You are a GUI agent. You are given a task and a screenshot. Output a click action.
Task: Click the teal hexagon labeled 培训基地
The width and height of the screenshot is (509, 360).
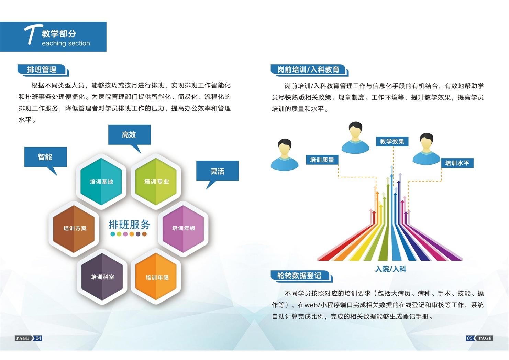(x=101, y=182)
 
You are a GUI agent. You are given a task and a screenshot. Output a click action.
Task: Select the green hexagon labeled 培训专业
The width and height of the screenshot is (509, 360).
(x=156, y=182)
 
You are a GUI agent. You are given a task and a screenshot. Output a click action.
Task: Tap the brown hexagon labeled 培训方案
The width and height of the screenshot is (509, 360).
(x=75, y=228)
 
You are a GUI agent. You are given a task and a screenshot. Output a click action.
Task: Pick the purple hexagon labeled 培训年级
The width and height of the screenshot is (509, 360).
(x=183, y=228)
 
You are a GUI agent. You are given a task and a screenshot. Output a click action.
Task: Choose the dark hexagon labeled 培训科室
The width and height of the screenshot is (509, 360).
(x=102, y=277)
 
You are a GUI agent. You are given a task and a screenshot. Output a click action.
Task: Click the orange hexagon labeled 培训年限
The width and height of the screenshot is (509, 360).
(x=157, y=277)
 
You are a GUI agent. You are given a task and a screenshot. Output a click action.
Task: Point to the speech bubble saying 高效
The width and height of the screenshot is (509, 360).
(x=129, y=135)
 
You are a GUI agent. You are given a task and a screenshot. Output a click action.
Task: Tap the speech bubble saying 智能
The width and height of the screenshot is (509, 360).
(x=45, y=157)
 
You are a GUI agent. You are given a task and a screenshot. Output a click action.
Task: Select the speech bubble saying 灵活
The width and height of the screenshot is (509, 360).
(x=217, y=171)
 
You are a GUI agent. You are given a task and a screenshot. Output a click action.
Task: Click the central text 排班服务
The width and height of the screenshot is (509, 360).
(x=129, y=225)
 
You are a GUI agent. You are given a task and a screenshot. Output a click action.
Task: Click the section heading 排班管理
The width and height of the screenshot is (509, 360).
(x=42, y=69)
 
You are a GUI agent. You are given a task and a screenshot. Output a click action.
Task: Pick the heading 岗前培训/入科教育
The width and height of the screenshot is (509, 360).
(x=308, y=69)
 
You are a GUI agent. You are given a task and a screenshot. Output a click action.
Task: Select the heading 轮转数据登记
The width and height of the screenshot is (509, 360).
(x=299, y=275)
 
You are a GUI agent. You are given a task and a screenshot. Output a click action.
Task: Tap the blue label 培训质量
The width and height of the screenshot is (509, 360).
(x=322, y=160)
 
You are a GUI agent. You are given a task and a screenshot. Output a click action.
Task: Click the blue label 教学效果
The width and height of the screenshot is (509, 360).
(x=392, y=141)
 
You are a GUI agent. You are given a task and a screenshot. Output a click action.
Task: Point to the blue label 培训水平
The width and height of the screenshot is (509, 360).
(x=457, y=163)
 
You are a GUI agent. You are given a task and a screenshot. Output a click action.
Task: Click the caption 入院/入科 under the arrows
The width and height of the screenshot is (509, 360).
(x=391, y=269)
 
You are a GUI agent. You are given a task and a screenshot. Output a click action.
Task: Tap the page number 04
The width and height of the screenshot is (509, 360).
(x=38, y=338)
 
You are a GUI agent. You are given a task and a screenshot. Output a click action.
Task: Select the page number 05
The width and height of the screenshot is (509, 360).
(x=469, y=338)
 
